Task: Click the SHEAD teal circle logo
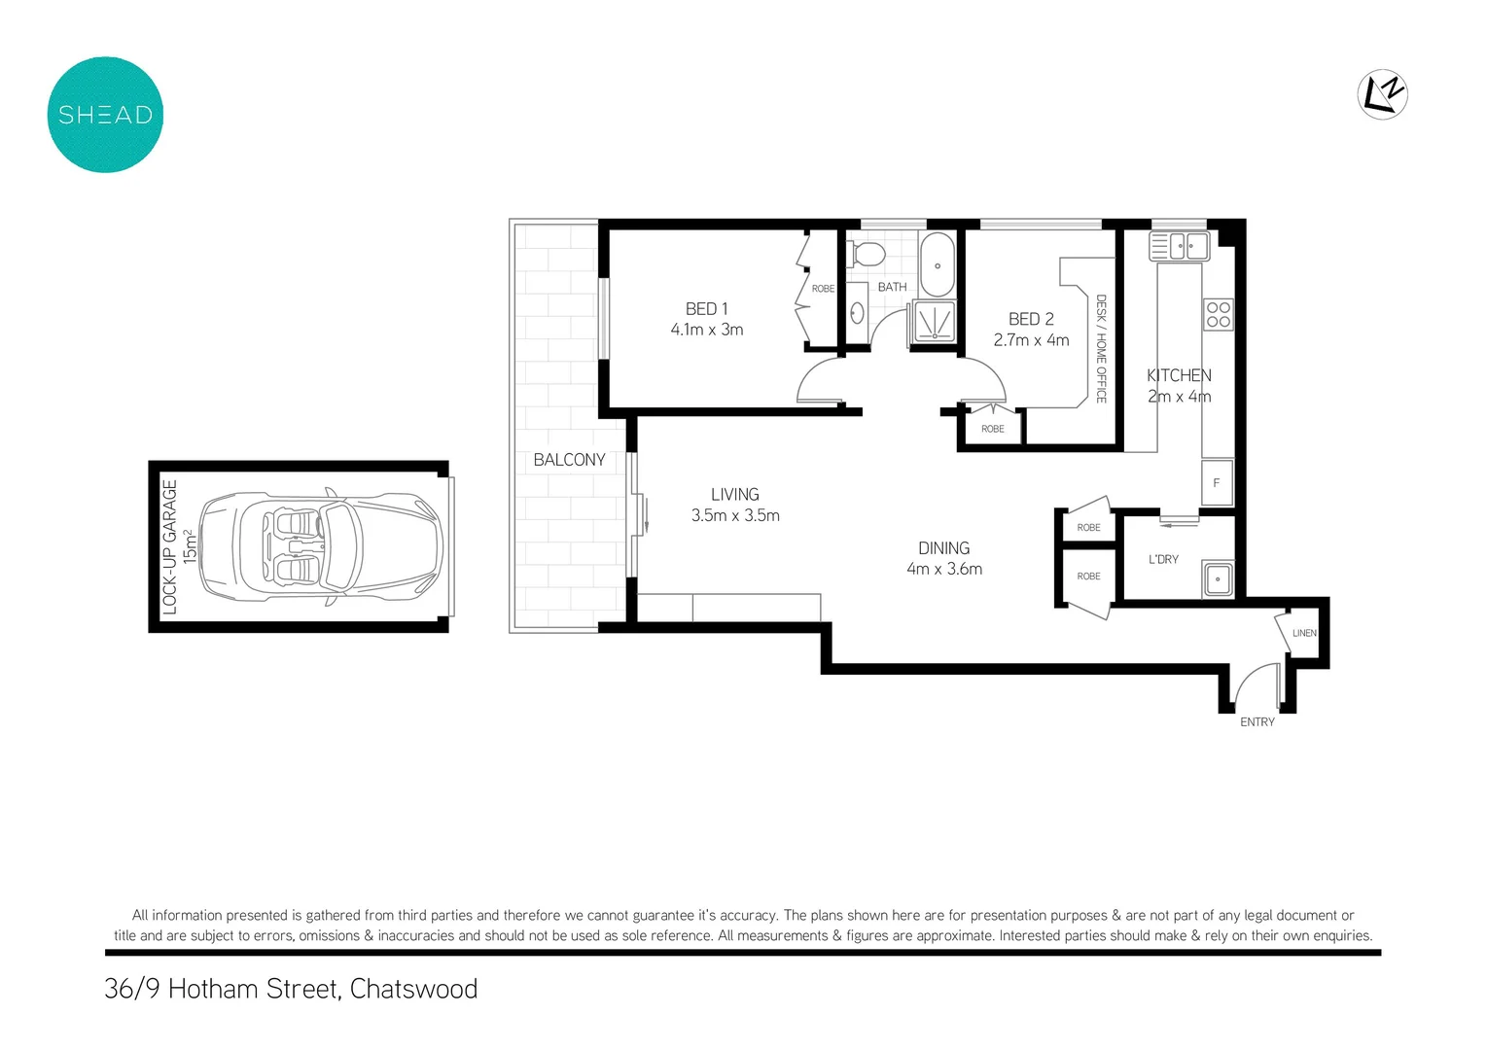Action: coord(105,115)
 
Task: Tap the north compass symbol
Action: coord(1382,94)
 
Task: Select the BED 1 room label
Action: coord(706,308)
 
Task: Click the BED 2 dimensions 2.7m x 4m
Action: coord(1031,340)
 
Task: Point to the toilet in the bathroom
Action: coord(867,255)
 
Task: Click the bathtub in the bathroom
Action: coord(938,264)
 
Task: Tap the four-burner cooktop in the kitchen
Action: coord(1218,314)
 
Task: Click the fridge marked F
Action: coord(1216,483)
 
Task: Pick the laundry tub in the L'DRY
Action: coord(1217,579)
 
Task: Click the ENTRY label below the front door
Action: coord(1257,722)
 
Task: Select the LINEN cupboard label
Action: coord(1304,633)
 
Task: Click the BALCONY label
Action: coord(569,460)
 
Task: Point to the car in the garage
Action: coord(321,546)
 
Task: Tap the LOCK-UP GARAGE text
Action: coord(170,546)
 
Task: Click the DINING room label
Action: coord(943,548)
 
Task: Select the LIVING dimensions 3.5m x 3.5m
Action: coord(735,516)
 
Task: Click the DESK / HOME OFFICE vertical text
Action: coord(1101,348)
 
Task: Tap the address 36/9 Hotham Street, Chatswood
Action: coord(291,989)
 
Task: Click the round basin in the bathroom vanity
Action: coord(857,312)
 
